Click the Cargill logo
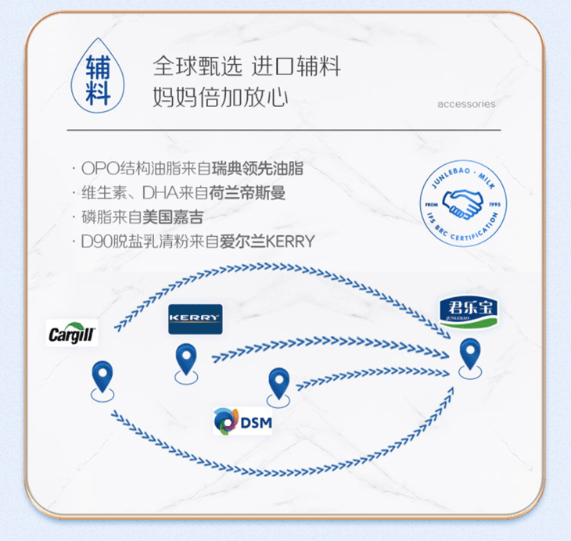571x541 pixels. [x=73, y=335]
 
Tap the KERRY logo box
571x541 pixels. [x=196, y=319]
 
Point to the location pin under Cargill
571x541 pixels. [x=102, y=378]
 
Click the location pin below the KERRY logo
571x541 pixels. [x=186, y=360]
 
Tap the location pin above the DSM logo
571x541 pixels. [x=279, y=384]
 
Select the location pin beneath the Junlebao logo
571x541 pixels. [x=469, y=355]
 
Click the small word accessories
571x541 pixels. [x=466, y=104]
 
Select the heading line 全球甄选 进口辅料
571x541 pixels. [x=246, y=66]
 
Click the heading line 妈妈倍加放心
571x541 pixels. [x=221, y=98]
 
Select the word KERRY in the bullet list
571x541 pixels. [x=290, y=242]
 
